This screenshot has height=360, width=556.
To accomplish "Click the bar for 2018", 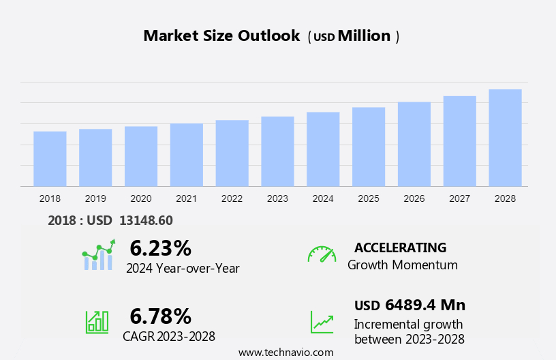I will click(x=50, y=159).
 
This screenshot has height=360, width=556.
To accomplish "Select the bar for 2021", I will click(x=187, y=155).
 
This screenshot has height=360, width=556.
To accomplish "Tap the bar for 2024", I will click(x=323, y=149).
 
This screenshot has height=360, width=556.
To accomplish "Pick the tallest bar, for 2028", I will click(x=505, y=138).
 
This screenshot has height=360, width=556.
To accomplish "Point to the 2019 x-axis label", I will click(x=95, y=198).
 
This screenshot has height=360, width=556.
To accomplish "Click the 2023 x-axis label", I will click(x=277, y=198).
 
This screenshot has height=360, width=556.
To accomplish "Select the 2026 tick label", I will click(x=414, y=198).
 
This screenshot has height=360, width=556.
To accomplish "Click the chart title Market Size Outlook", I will click(x=221, y=36).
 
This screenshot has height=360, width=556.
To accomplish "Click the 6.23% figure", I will click(x=160, y=248).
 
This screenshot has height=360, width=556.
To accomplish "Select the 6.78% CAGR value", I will click(x=160, y=316).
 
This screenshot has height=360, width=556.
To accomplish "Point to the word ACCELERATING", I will click(x=400, y=247).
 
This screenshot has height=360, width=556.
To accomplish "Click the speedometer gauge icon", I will click(x=322, y=254).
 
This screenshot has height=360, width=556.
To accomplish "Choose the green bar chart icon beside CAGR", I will click(x=97, y=321).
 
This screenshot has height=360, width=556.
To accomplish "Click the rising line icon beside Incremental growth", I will click(x=322, y=322).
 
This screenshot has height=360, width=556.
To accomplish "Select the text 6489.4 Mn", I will click(x=424, y=305).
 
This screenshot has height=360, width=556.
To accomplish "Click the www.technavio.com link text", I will click(x=285, y=352).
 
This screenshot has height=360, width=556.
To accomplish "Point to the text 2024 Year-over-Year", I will click(x=183, y=269).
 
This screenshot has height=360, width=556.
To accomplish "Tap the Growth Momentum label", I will click(x=402, y=265).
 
